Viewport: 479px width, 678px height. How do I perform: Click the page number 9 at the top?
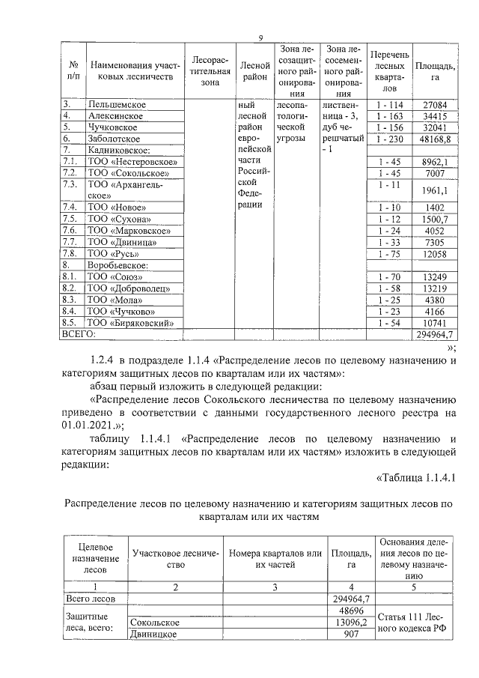pyautogui.click(x=260, y=38)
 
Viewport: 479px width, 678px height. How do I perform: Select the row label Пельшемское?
pyautogui.click(x=117, y=104)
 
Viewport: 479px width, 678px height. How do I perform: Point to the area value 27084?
pyautogui.click(x=434, y=104)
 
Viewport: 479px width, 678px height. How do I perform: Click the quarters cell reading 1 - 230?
pyautogui.click(x=390, y=139)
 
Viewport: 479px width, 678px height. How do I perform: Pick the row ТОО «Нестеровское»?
pyautogui.click(x=132, y=161)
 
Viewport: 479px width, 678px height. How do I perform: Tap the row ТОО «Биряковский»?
pyautogui.click(x=135, y=323)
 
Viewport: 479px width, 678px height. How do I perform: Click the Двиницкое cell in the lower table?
pyautogui.click(x=153, y=635)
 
